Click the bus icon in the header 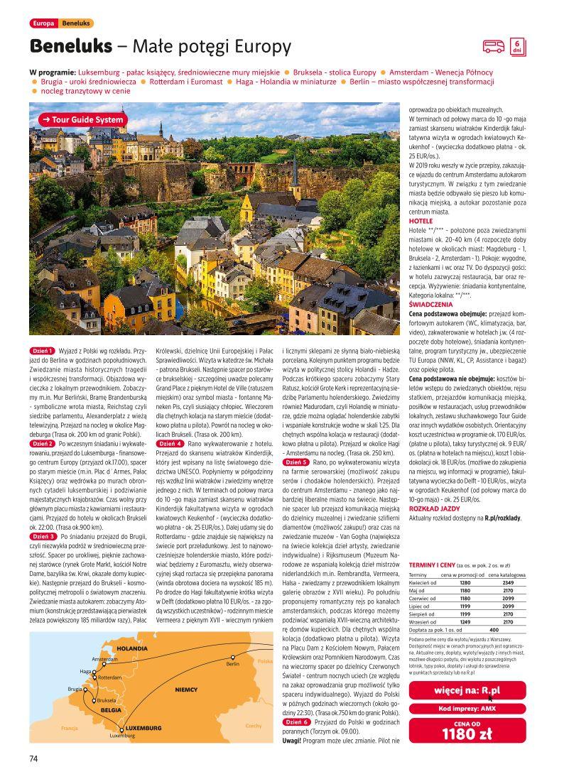494,47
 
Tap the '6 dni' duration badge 517,47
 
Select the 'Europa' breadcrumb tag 43,23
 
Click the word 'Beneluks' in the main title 71,47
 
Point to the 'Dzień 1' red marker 43,351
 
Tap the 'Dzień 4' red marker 170,443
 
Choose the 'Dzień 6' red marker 296,722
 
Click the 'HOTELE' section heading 421,222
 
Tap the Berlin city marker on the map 232,657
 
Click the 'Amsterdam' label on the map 104,659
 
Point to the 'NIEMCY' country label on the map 186,690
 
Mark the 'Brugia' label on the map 75,689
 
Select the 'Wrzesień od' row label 426,621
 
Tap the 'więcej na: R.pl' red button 467,690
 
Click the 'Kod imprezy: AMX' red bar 467,709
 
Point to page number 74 33,758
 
